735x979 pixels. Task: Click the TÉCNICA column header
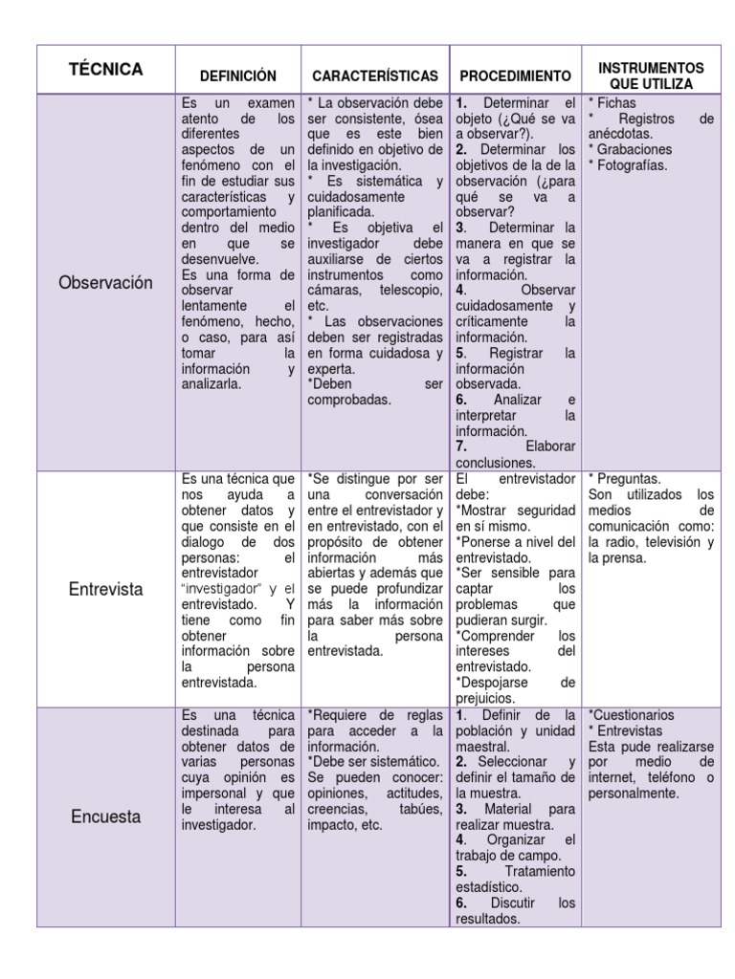pos(105,69)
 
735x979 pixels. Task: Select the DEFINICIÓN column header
pos(237,76)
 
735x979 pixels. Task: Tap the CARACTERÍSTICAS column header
pos(374,76)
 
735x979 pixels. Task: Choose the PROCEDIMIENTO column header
pos(515,76)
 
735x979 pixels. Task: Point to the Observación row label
pos(105,283)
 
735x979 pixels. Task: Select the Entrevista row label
pos(105,589)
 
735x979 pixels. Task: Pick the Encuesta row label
pos(105,817)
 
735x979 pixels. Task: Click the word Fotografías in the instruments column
pos(632,164)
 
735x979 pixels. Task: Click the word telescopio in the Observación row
pos(411,290)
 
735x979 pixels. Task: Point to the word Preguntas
pos(629,479)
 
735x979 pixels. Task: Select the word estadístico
pos(489,887)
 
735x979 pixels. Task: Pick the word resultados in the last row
pos(488,919)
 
